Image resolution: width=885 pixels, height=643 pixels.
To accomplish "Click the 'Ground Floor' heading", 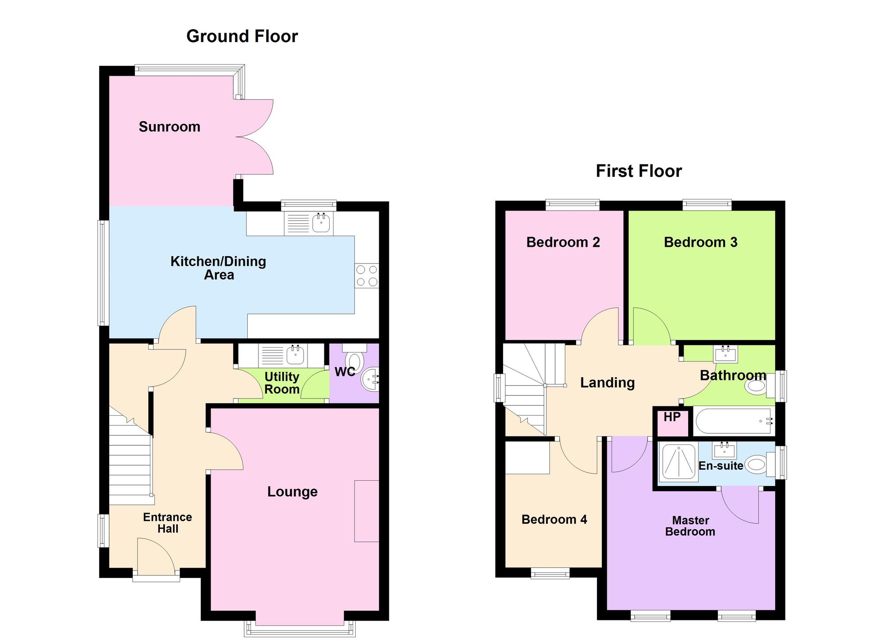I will point(242,36).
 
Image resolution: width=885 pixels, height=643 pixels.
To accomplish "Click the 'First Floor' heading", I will point(639,171).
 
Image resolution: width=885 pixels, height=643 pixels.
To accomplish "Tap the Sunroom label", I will point(169,127).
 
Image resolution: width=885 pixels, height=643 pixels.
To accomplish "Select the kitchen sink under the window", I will point(321,222).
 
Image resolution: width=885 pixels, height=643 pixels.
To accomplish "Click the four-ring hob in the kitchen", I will point(367,276).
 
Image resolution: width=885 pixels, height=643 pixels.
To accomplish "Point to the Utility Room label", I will point(282,383).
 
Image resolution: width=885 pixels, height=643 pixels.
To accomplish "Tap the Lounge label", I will point(292,492).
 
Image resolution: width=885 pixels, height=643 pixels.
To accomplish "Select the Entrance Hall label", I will point(168,523).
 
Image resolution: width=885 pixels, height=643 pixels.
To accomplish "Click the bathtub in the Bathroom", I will point(733,421).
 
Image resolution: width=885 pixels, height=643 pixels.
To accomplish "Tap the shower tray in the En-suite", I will point(678,462).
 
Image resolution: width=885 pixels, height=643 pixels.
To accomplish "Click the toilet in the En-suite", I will point(757,465).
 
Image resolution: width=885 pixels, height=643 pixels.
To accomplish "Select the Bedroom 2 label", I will point(563,242).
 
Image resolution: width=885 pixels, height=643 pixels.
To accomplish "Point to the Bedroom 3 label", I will point(700,242).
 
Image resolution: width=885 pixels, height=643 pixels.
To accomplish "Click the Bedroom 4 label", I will point(554,519).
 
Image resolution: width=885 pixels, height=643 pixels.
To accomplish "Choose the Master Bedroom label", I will point(690,526).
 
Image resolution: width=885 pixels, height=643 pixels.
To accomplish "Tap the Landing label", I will point(607,383).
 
